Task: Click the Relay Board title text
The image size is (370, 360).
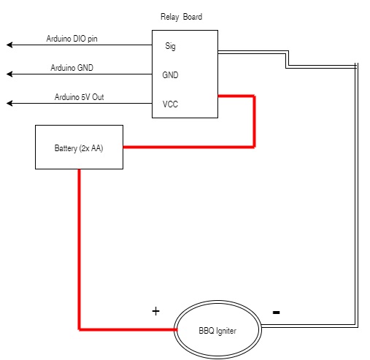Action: point(181,17)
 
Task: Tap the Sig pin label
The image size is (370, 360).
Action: point(170,46)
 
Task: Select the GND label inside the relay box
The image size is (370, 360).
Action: point(170,75)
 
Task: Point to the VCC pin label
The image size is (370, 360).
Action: point(170,104)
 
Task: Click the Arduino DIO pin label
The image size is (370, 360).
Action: point(72,39)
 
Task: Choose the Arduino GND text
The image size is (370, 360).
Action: point(72,68)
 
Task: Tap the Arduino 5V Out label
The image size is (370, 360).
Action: point(79,97)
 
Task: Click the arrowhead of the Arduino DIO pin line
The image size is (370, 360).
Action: point(9,45)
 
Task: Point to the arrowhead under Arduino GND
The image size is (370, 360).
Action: point(9,74)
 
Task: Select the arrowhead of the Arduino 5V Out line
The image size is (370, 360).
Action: point(9,103)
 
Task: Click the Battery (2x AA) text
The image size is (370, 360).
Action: point(79,148)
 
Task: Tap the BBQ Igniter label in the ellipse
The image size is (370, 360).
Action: point(217,331)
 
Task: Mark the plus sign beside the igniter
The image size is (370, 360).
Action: point(155,311)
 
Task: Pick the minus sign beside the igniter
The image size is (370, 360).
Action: point(277,313)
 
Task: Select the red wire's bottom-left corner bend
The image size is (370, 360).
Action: point(80,329)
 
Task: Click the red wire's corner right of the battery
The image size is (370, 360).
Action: point(254,147)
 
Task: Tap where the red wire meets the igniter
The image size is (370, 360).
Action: point(176,329)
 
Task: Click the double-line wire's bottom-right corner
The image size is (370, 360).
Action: point(356,326)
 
